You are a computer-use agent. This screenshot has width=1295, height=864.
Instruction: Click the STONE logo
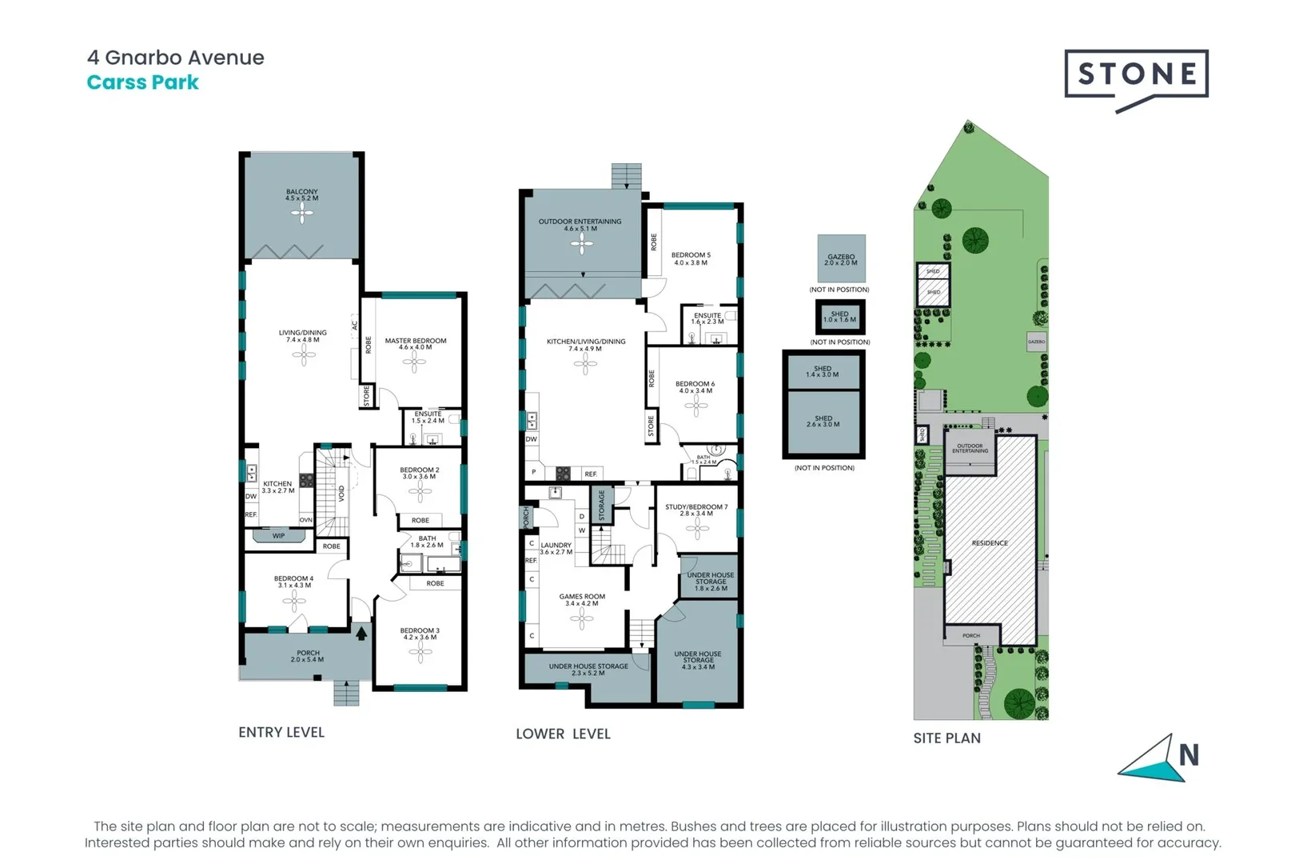(1136, 74)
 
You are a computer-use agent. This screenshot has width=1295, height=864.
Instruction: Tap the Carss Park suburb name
(142, 82)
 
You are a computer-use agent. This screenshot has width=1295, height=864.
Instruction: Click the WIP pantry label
(278, 536)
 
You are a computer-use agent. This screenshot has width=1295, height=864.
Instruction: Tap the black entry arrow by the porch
(361, 634)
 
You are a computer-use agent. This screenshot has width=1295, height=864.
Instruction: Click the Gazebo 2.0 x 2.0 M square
(841, 258)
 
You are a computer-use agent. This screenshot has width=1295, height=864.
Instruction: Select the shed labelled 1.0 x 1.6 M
(839, 317)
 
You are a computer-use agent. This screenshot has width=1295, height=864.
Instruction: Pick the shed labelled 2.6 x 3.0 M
(823, 422)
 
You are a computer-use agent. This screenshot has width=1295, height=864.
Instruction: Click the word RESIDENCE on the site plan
(990, 543)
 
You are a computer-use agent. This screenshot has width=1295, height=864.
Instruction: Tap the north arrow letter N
(1189, 754)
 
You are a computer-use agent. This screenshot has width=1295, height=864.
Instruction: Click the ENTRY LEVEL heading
(281, 732)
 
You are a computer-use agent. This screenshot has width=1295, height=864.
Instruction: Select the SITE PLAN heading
(946, 738)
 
